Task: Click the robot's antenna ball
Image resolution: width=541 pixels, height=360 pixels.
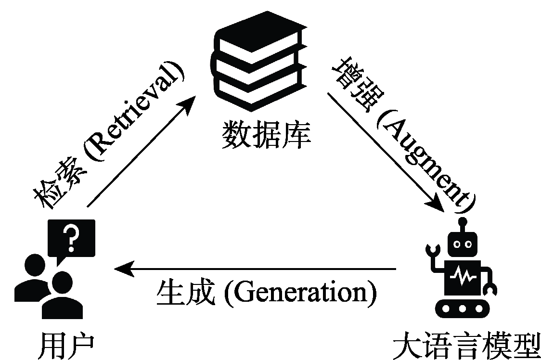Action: coord(463,222)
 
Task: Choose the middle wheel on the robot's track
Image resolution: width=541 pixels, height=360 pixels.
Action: coord(463,308)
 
